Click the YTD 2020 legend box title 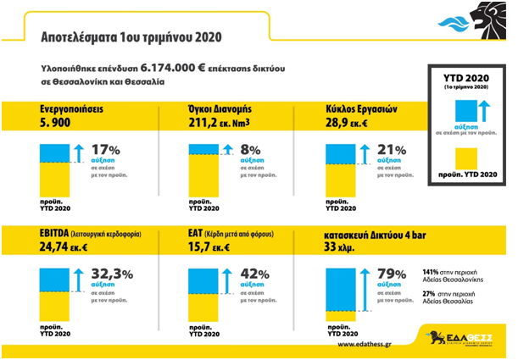(x=463, y=78)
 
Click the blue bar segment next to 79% (x=344, y=280)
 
